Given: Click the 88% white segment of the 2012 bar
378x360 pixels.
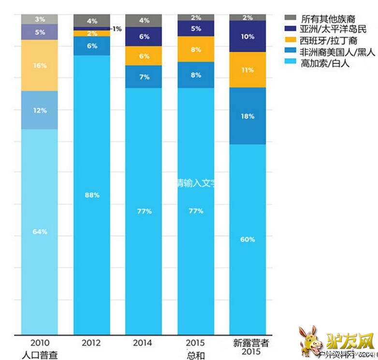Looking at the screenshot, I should [91, 195].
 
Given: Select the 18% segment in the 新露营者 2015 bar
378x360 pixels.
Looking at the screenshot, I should [248, 116].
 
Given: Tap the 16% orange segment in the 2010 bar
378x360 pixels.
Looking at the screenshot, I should [39, 65].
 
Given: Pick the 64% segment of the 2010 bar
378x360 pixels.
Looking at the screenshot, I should [39, 231].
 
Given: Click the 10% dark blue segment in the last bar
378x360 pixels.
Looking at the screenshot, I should [248, 36].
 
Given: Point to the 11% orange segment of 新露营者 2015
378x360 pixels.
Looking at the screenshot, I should [248, 70].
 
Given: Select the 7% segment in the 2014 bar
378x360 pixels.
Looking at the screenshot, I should [144, 77].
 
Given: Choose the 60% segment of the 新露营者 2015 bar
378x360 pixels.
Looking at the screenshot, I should [248, 239].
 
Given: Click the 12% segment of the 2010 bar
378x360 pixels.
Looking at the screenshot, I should [39, 110].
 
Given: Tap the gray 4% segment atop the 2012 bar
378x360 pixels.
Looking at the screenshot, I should [91, 21].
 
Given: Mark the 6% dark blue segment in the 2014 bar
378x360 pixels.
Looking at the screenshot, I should [144, 36].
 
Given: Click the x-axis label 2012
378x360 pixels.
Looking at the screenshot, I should [91, 343].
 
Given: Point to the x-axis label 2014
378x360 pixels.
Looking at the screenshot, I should [144, 343].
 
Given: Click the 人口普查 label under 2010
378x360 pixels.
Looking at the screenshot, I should [40, 355].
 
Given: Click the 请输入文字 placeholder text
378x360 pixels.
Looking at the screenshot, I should [195, 184].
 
